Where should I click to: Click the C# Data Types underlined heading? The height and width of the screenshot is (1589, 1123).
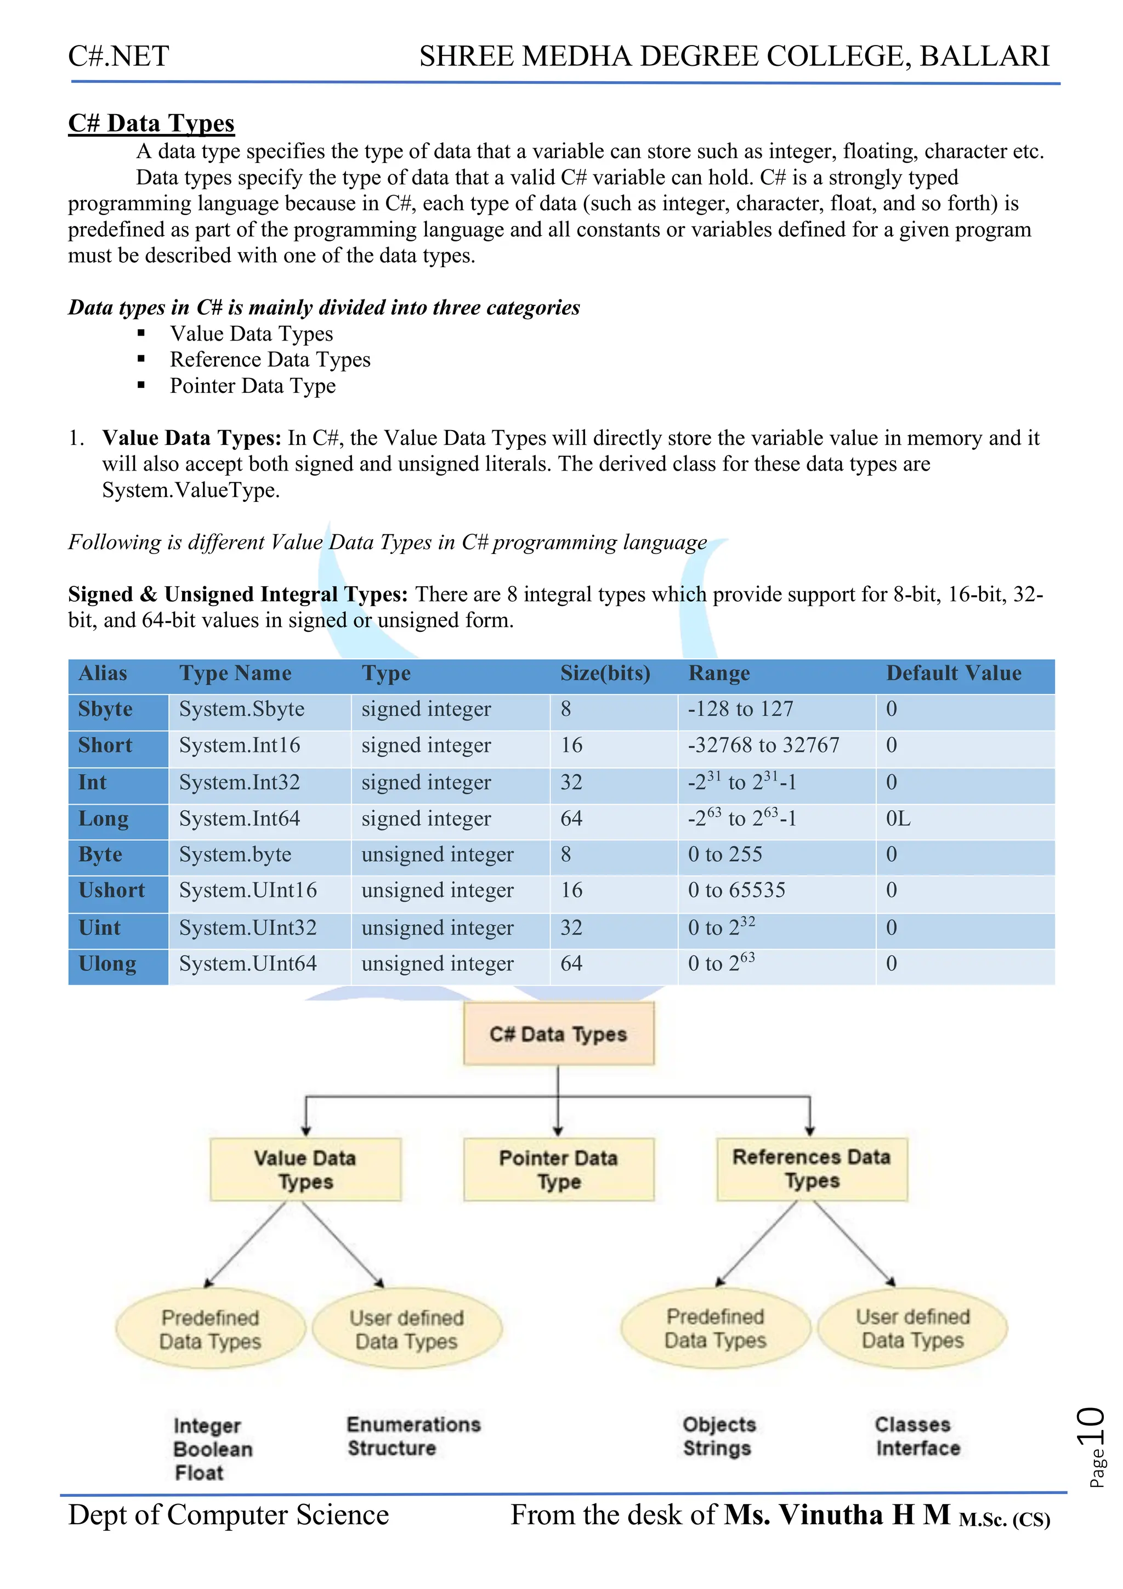(151, 123)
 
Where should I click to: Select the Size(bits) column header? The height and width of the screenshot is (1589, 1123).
(605, 674)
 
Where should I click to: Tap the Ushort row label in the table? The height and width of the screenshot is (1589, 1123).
(111, 891)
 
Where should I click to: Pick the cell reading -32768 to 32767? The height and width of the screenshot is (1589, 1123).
(763, 745)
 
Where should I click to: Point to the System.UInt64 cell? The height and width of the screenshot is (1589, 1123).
(248, 963)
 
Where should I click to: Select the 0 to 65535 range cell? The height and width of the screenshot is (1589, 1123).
(736, 891)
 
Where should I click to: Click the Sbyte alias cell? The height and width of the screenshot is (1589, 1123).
(105, 709)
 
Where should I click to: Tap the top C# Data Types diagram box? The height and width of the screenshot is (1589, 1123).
(558, 1034)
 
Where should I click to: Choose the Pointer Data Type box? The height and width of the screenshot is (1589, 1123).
(558, 1169)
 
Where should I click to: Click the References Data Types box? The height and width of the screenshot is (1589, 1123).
(811, 1168)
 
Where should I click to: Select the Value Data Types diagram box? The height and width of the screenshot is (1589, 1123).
(305, 1169)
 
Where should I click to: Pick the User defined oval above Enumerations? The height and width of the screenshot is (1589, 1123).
(407, 1329)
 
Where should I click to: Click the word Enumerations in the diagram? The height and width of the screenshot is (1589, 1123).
(413, 1424)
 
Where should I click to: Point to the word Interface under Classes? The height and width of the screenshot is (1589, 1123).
(917, 1449)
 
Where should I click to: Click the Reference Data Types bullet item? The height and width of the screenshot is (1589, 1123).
(270, 360)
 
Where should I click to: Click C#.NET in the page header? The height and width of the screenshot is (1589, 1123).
(118, 56)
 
